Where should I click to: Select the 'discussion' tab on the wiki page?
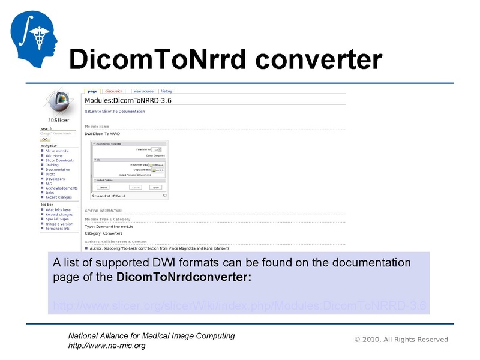(113, 91)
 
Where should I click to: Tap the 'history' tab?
(166, 91)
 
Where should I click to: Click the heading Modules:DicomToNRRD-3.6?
(128, 100)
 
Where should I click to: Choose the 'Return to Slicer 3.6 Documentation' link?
(115, 112)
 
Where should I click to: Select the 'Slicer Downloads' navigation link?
(59, 160)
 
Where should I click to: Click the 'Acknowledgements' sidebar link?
(61, 188)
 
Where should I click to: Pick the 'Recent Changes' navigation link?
(58, 197)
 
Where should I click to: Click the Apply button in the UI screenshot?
(156, 187)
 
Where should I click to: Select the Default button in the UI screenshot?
(103, 187)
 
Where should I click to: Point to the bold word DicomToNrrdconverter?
(184, 278)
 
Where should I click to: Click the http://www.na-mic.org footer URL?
(107, 346)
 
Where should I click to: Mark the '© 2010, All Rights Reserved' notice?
(401, 340)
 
